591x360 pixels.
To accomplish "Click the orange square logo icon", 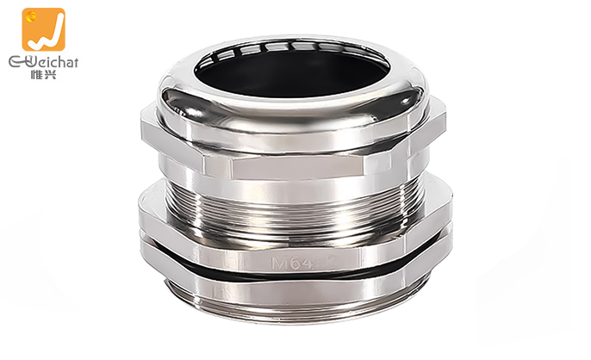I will click(x=44, y=30).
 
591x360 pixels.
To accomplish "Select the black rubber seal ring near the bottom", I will click(x=293, y=271).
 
